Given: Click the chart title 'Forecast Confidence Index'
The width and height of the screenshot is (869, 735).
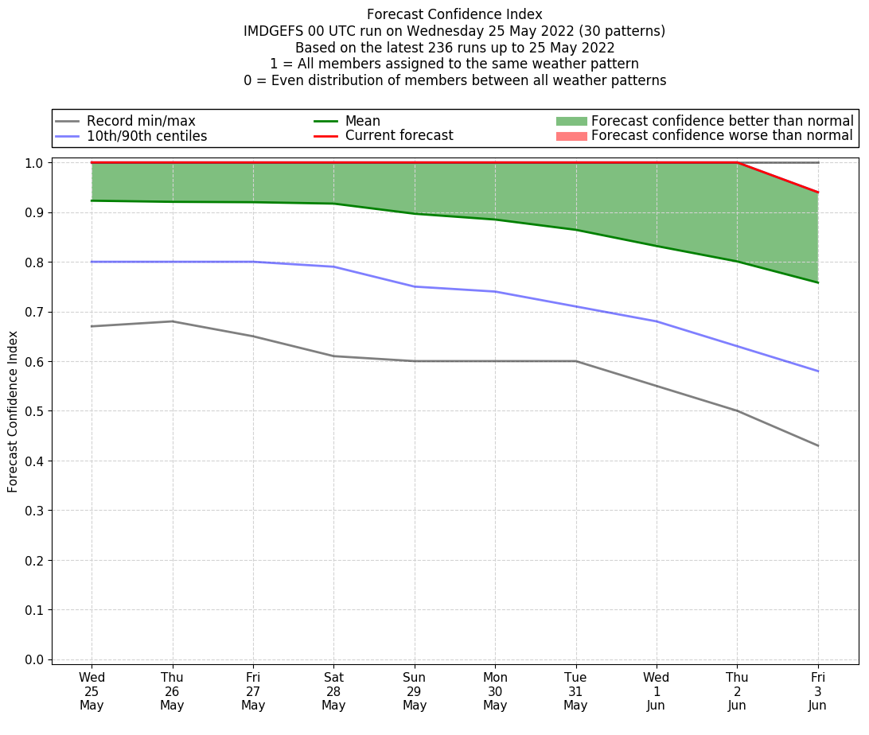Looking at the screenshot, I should click(x=454, y=14).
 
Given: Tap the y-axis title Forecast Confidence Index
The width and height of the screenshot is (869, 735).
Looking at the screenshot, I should click(x=13, y=411).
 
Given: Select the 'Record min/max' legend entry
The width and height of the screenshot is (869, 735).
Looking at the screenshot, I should click(x=141, y=121).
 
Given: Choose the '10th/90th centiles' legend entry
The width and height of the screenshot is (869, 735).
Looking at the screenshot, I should click(x=146, y=136).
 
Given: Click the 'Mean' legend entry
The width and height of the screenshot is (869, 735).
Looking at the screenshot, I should click(x=362, y=121).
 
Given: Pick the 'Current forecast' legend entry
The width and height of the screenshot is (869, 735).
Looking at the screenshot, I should click(x=399, y=136).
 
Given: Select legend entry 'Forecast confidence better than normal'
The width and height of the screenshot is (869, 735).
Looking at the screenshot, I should click(x=722, y=121).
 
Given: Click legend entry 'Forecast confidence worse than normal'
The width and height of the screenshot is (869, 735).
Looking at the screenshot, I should click(x=722, y=136).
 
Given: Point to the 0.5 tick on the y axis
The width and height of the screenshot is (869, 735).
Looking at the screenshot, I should click(x=34, y=411).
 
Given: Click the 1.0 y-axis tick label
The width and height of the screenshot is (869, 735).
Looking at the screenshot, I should click(x=34, y=163).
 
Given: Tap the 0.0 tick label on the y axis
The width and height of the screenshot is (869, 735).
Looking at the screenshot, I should click(x=34, y=659).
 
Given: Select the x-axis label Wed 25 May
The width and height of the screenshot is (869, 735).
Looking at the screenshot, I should click(x=92, y=691).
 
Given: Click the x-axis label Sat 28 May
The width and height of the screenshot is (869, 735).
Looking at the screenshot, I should click(x=333, y=691).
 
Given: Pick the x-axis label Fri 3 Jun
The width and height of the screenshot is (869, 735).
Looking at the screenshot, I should click(x=818, y=691).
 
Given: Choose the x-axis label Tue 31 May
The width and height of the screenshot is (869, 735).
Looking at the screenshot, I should click(x=575, y=691).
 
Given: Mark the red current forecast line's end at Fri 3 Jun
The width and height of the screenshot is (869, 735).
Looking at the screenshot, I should click(x=818, y=192).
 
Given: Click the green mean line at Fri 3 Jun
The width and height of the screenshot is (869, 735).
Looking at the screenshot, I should click(x=818, y=282).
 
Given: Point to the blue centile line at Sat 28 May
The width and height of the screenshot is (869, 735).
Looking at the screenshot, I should click(x=333, y=266).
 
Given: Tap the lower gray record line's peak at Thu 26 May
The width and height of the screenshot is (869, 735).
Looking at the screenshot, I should click(x=173, y=321).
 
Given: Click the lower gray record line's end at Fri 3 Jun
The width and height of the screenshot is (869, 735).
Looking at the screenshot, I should click(x=818, y=445).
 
